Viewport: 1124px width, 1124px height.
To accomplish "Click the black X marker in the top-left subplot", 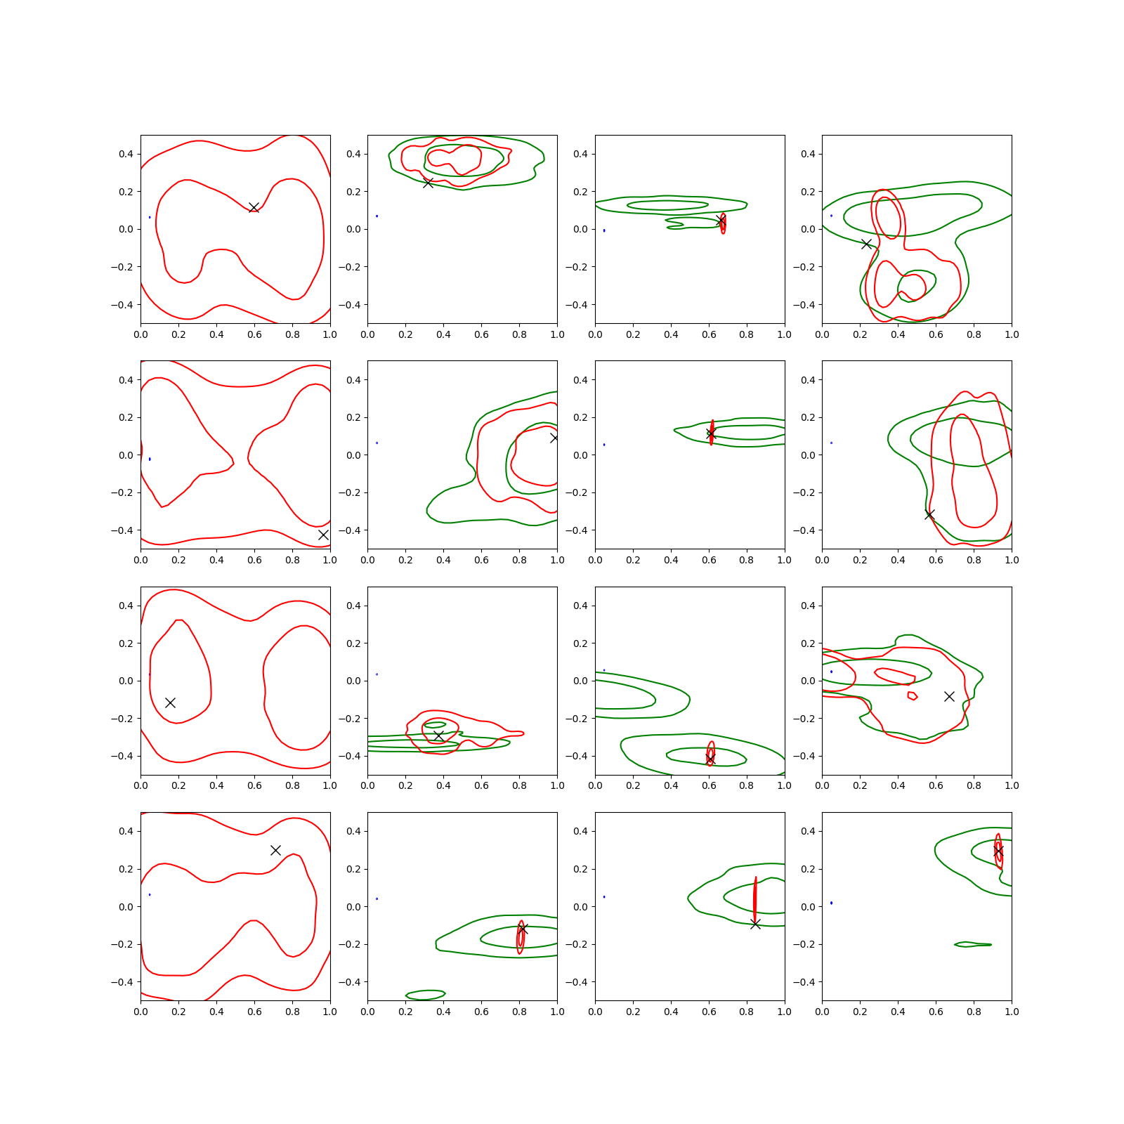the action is pos(254,207).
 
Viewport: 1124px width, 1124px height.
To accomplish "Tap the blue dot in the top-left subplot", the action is pos(150,217).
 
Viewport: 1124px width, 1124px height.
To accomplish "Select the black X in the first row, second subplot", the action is pos(428,183).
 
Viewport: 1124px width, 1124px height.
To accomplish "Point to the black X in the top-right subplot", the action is pos(867,244).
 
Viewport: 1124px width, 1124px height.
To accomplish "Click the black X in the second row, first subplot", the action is pos(323,535).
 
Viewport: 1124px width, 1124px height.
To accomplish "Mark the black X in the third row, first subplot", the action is pos(170,702).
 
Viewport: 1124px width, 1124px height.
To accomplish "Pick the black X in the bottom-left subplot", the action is pos(275,850).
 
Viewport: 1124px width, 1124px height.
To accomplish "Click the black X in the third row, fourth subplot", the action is pos(949,696).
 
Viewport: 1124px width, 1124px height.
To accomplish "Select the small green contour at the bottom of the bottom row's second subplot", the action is pos(426,994).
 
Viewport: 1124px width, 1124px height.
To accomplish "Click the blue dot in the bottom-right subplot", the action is pos(831,903).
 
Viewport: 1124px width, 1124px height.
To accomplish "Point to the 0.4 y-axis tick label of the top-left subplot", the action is pos(126,154).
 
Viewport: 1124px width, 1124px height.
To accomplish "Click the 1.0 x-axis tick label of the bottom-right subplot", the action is pos(1012,1012).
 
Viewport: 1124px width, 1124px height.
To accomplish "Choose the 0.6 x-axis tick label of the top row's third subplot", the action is pos(709,334).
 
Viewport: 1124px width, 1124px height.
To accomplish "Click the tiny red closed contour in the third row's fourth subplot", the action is pos(913,696).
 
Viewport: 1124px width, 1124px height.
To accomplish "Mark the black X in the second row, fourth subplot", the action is pos(929,515).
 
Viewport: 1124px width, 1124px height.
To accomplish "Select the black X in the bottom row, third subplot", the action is pos(755,924).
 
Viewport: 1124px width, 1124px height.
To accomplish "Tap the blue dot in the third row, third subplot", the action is pos(604,670).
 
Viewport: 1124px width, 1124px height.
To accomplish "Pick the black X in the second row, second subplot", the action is pos(554,438).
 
